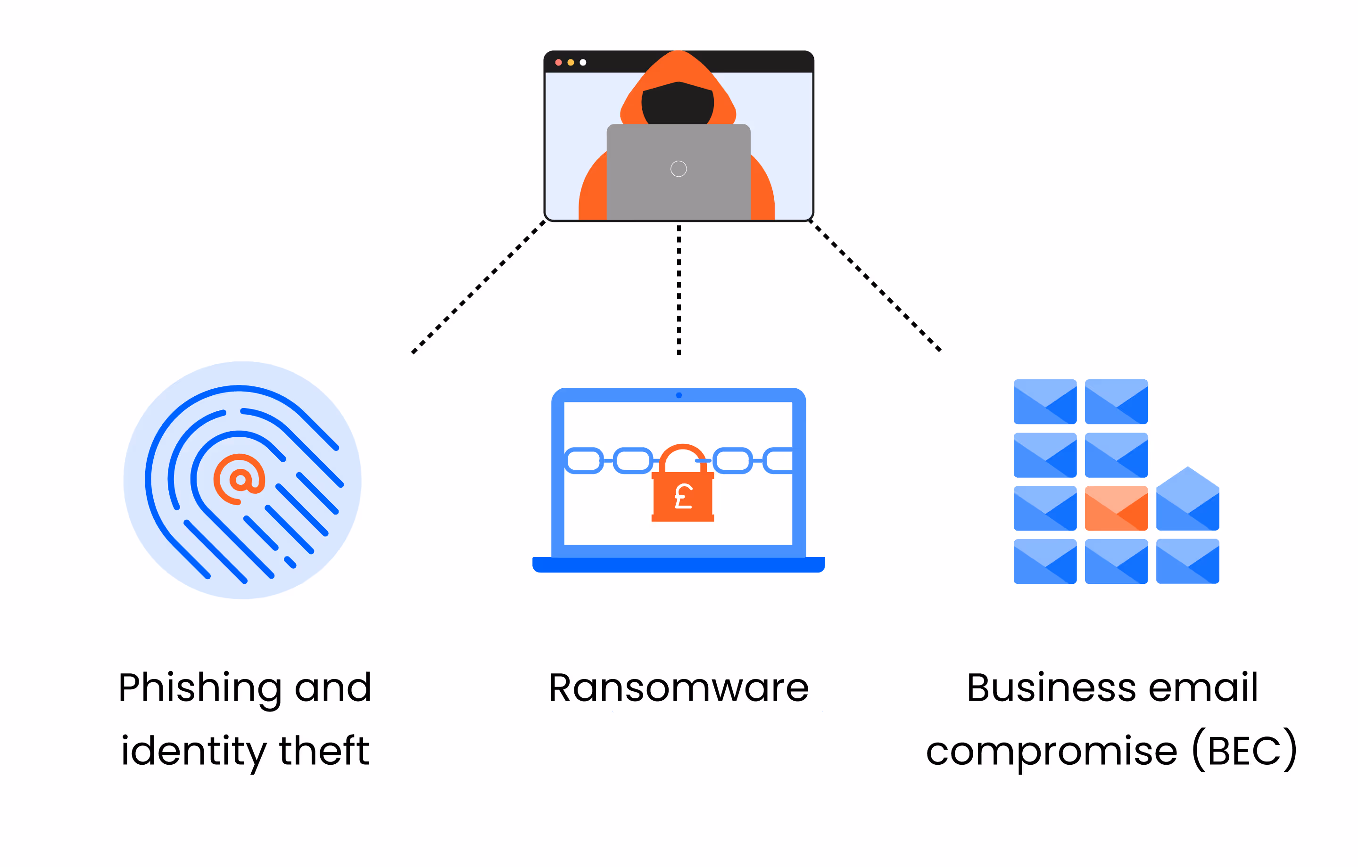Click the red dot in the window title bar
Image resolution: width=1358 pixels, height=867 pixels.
pyautogui.click(x=558, y=63)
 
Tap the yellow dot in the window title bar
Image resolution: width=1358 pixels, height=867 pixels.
pyautogui.click(x=571, y=63)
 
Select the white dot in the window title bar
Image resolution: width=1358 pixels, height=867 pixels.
pyautogui.click(x=583, y=63)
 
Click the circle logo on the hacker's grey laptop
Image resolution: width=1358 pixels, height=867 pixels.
pyautogui.click(x=679, y=169)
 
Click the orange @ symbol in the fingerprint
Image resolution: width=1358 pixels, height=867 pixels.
pyautogui.click(x=240, y=479)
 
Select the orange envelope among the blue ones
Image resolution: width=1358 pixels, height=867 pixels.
pyautogui.click(x=1116, y=508)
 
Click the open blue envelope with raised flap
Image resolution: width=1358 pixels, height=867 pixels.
pyautogui.click(x=1188, y=499)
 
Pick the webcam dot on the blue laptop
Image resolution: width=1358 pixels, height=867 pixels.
pyautogui.click(x=679, y=395)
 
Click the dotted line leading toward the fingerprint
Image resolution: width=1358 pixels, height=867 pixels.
pyautogui.click(x=478, y=287)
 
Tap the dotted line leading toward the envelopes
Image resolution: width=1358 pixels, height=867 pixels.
pyautogui.click(x=875, y=286)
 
